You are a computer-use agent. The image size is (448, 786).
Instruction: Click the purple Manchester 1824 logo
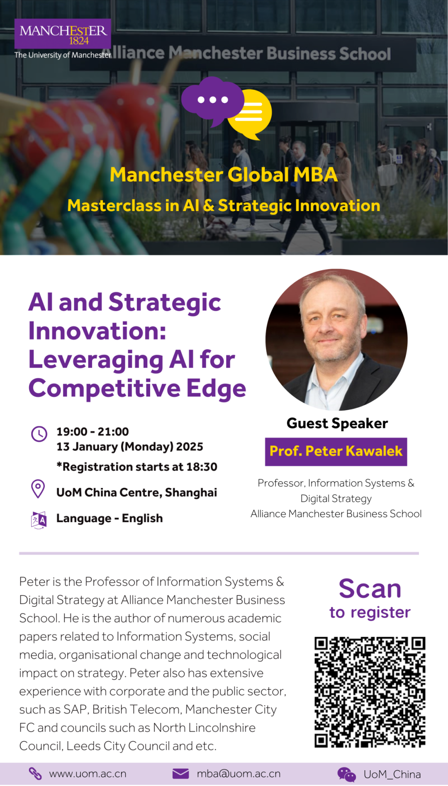(x=63, y=34)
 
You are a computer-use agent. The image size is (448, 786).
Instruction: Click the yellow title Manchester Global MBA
(x=224, y=175)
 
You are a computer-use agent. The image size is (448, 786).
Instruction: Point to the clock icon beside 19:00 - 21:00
(x=39, y=434)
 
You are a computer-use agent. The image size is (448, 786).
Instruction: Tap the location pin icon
(x=38, y=489)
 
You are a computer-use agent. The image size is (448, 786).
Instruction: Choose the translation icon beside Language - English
(x=39, y=520)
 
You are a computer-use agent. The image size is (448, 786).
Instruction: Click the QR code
(x=370, y=692)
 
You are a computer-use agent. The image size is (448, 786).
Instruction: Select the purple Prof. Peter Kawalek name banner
(x=336, y=451)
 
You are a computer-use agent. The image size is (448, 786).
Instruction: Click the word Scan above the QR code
(x=370, y=589)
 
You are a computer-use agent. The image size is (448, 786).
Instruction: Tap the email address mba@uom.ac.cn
(x=239, y=774)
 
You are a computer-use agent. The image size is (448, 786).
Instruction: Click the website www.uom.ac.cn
(x=88, y=774)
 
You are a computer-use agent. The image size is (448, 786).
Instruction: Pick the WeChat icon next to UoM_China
(x=346, y=774)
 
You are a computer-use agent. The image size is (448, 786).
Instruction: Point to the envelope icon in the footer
(x=180, y=774)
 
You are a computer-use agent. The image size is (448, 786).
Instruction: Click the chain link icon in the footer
(x=35, y=774)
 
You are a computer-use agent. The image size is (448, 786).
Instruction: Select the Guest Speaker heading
(x=337, y=423)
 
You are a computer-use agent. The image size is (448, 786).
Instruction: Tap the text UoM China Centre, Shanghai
(x=137, y=492)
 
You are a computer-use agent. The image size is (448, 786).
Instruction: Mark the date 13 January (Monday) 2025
(x=130, y=447)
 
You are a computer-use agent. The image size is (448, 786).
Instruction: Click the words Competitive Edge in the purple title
(x=137, y=389)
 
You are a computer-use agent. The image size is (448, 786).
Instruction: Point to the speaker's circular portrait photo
(x=336, y=340)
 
